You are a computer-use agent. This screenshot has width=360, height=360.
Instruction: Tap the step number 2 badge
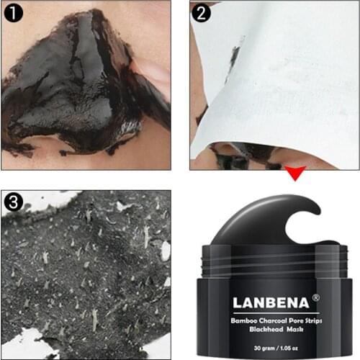tap(202, 12)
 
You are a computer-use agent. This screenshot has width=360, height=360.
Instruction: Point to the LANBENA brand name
tap(261, 300)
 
